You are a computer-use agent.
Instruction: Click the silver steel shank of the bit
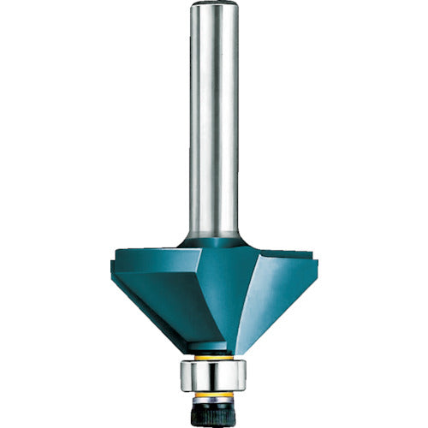pos(214,128)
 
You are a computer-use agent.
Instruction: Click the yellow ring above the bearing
pos(214,358)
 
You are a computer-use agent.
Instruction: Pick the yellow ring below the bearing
pos(214,395)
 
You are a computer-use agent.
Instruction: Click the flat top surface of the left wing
pos(154,253)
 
